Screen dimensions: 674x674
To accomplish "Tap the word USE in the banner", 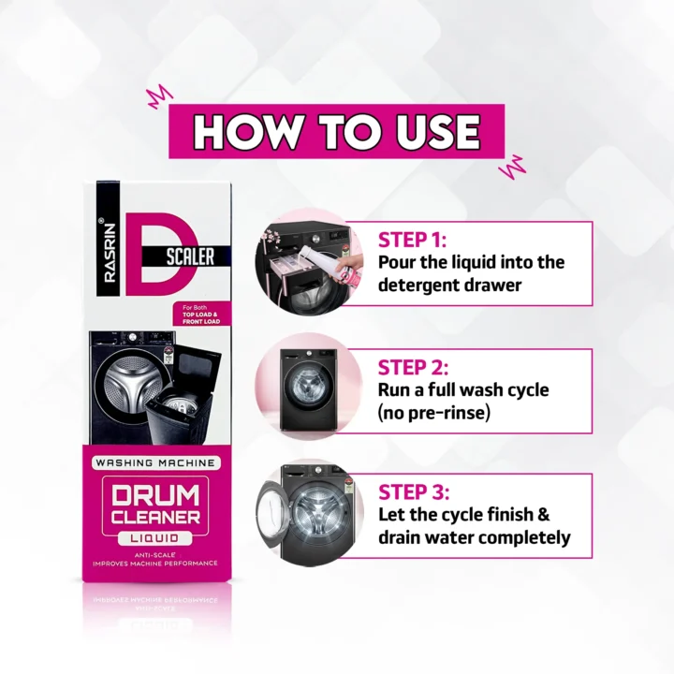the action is (x=437, y=132).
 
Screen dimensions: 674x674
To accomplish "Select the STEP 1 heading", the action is (x=412, y=240).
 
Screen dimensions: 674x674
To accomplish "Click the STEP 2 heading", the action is (x=413, y=368).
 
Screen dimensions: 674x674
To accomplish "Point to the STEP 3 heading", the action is (x=414, y=492).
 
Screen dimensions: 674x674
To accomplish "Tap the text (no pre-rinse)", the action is (x=434, y=413).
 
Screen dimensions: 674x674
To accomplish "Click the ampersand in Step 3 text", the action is (x=543, y=515).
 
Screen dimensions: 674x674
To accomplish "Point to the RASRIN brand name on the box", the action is (x=110, y=253).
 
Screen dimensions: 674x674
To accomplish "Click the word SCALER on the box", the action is (x=190, y=257).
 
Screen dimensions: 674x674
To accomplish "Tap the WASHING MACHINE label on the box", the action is (x=155, y=463).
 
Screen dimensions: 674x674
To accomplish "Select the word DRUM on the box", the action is (x=155, y=495).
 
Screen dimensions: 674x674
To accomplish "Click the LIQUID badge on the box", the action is (x=154, y=538).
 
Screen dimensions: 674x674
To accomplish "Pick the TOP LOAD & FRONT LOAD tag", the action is (x=201, y=315).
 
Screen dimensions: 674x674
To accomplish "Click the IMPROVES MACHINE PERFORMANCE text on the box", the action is (x=155, y=564).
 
